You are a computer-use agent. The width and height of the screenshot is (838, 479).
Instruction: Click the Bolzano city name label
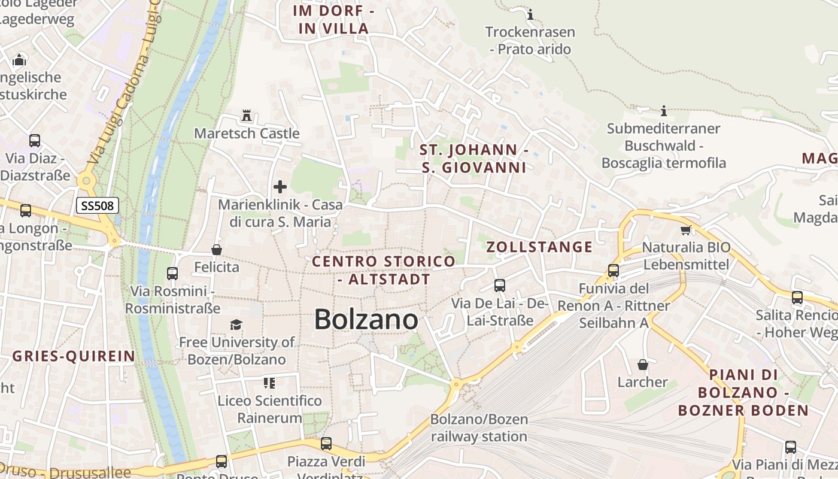pyautogui.click(x=366, y=319)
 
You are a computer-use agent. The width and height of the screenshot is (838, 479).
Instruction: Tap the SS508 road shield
pyautogui.click(x=98, y=206)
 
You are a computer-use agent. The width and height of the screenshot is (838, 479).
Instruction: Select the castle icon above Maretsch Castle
pyautogui.click(x=246, y=115)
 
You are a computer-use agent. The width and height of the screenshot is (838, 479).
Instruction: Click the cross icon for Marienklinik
pyautogui.click(x=280, y=187)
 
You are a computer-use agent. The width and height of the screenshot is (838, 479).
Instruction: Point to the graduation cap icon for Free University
pyautogui.click(x=236, y=325)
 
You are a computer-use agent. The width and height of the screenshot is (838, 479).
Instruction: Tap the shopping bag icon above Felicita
pyautogui.click(x=216, y=249)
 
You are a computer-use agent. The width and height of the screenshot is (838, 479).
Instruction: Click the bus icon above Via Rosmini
pyautogui.click(x=172, y=274)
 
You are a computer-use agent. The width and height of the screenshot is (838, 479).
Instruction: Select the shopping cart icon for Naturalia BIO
pyautogui.click(x=685, y=230)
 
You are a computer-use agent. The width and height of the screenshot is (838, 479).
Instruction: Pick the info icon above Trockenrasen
pyautogui.click(x=530, y=14)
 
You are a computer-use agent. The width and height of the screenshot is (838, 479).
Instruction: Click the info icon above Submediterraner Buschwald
pyautogui.click(x=663, y=111)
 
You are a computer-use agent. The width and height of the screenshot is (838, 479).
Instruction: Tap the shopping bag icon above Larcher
pyautogui.click(x=643, y=364)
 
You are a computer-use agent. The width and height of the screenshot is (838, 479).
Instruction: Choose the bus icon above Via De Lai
pyautogui.click(x=500, y=286)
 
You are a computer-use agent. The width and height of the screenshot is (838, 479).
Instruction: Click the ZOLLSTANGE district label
pyautogui.click(x=539, y=247)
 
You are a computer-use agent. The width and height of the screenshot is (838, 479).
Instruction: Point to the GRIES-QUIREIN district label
pyautogui.click(x=74, y=357)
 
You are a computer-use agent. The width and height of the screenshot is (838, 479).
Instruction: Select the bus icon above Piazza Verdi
pyautogui.click(x=326, y=444)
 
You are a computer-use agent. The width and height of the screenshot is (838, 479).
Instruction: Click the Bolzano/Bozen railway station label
pyautogui.click(x=479, y=428)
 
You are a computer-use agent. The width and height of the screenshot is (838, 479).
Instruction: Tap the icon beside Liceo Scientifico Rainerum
pyautogui.click(x=269, y=383)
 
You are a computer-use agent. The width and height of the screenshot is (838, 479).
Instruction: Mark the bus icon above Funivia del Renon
pyautogui.click(x=614, y=271)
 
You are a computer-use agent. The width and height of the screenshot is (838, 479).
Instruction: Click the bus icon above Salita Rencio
pyautogui.click(x=797, y=298)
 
